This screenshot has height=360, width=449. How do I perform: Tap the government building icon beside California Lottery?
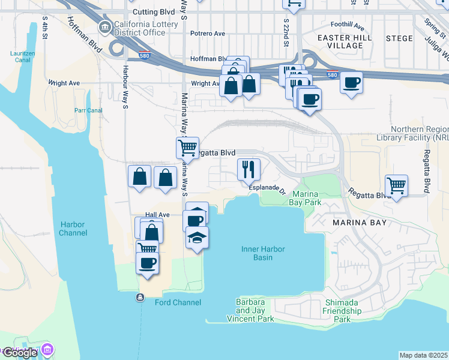tap(104, 28)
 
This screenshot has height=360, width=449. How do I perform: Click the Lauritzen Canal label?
tap(23, 57)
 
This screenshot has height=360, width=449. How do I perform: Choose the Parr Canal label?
tap(88, 110)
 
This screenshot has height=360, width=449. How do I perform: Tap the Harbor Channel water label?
tap(72, 228)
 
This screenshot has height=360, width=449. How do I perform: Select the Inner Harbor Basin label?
tap(263, 253)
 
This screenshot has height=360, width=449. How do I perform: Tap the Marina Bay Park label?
tap(307, 199)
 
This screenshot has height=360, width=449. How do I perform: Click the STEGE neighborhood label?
tap(399, 38)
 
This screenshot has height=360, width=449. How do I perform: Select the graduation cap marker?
tap(197, 238)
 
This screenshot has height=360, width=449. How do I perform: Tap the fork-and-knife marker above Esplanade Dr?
tap(249, 169)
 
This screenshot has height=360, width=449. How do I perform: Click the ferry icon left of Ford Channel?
tap(140, 298)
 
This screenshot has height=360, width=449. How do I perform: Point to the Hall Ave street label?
tap(157, 215)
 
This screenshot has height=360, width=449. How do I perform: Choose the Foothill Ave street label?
tap(348, 25)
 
